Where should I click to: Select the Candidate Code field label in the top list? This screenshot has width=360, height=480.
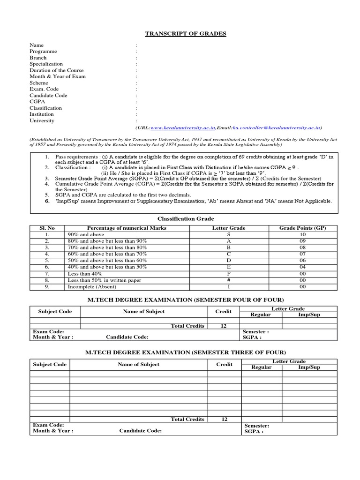click(48, 95)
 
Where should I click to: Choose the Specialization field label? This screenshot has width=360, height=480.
click(46, 64)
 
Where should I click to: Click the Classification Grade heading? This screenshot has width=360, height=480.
click(186, 218)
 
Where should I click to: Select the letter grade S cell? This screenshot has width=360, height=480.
click(228, 234)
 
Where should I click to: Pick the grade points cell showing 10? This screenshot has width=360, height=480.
click(302, 234)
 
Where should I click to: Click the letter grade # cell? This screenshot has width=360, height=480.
click(228, 280)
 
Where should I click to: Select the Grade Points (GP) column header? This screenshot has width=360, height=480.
click(302, 228)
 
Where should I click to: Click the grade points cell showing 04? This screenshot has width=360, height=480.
click(302, 267)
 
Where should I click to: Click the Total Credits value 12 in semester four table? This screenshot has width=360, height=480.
click(224, 325)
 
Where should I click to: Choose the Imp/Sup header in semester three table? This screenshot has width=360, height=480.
click(309, 367)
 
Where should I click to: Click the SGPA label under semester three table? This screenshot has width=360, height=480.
click(254, 432)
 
